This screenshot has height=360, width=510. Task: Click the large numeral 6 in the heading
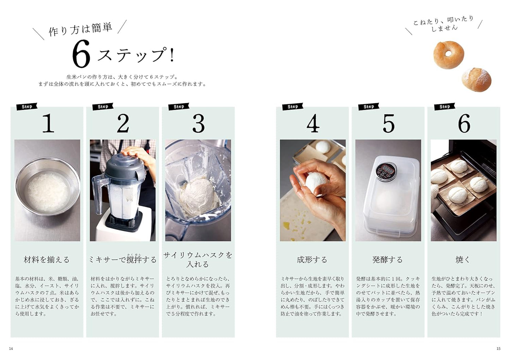click(x=81, y=54)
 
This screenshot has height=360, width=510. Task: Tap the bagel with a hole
click(x=448, y=55)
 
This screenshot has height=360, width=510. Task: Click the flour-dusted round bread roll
click(x=476, y=79)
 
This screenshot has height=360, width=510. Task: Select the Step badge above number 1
click(x=27, y=107)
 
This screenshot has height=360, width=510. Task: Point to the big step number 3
click(x=198, y=124)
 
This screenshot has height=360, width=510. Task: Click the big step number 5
click(x=388, y=124)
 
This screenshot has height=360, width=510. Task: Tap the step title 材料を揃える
click(x=47, y=260)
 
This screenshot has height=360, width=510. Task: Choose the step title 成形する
click(x=312, y=260)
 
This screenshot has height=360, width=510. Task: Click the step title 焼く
click(x=463, y=260)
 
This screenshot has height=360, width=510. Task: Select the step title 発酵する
click(x=388, y=260)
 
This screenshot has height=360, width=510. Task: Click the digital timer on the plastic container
click(x=386, y=171)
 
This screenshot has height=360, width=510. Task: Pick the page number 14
click(x=11, y=349)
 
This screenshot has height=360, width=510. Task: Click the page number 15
click(x=498, y=349)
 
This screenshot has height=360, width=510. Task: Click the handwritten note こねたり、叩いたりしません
click(x=444, y=23)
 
